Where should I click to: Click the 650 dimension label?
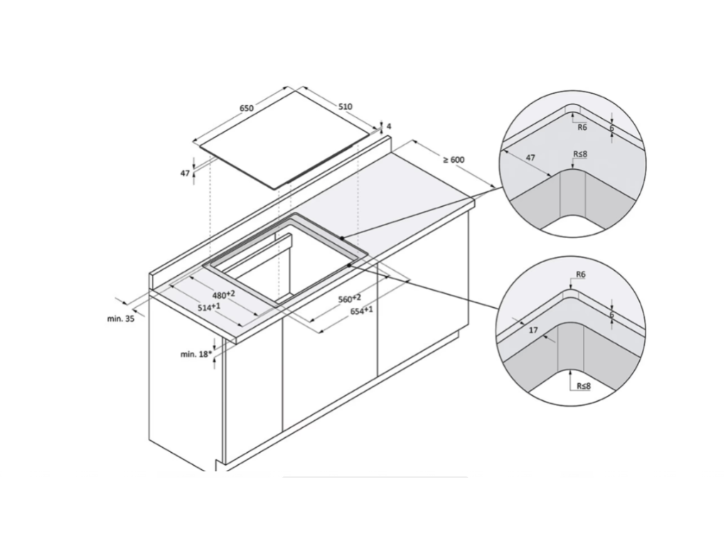(247, 108)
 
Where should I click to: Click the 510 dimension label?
(345, 107)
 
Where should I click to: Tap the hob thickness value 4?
(389, 127)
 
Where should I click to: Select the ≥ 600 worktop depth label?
(453, 160)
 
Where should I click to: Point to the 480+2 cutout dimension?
(224, 295)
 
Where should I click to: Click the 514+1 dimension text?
(209, 307)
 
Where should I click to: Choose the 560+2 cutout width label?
(350, 299)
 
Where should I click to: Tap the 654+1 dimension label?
(361, 311)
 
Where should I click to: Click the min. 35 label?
(121, 318)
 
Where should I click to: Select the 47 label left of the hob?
(186, 173)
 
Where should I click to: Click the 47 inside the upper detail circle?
(530, 158)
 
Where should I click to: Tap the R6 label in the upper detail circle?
(582, 127)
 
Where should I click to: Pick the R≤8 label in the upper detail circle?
(580, 154)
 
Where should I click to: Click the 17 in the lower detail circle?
(533, 330)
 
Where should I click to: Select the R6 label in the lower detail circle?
(580, 274)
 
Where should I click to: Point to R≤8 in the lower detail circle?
(584, 386)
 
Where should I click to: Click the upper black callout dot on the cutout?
(342, 237)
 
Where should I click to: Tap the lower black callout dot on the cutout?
(349, 265)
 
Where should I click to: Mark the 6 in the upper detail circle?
(612, 128)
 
